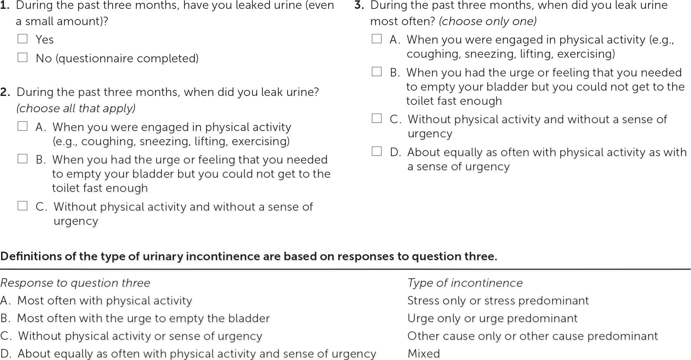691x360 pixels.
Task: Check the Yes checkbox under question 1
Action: pos(23,39)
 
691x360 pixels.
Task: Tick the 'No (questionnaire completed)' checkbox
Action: pos(23,57)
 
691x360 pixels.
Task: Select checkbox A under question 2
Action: pos(23,126)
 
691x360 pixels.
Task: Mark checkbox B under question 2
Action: pos(23,159)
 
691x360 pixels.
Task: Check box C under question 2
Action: pos(23,206)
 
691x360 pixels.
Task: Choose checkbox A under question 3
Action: pos(377,39)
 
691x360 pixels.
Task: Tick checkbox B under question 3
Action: pos(377,72)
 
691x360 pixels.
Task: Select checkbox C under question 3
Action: pos(377,118)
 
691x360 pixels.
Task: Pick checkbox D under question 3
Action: pos(377,151)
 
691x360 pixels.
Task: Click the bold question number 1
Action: pos(5,6)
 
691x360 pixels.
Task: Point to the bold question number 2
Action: pos(5,92)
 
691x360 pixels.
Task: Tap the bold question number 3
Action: pos(359,6)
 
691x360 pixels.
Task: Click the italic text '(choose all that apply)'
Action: pos(76,108)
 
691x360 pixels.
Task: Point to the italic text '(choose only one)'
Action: pos(488,22)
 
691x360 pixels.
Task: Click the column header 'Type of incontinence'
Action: pos(465,283)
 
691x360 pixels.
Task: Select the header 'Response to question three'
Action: pos(75,283)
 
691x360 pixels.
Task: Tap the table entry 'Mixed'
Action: pos(424,354)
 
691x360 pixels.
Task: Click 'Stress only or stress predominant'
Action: pos(498,301)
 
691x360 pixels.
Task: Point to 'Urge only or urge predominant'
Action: pos(492,318)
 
